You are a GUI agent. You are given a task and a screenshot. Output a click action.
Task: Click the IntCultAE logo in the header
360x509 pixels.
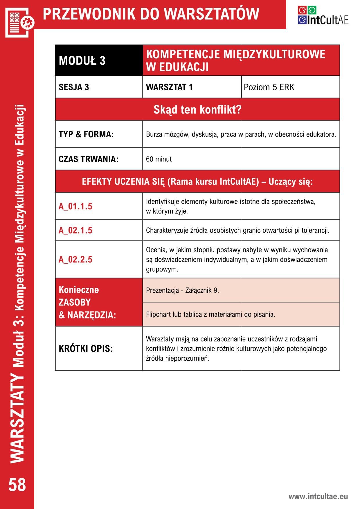(x=323, y=16)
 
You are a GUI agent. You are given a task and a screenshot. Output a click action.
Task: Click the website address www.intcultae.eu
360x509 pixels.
(x=318, y=496)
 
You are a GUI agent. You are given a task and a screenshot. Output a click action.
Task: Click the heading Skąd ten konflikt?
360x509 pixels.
(x=197, y=109)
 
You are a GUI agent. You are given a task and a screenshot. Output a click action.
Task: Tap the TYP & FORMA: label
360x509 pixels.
(x=86, y=134)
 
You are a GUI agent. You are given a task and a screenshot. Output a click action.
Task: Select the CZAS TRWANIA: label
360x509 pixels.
(x=89, y=159)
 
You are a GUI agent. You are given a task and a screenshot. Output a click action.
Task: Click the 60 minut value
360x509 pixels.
(x=159, y=159)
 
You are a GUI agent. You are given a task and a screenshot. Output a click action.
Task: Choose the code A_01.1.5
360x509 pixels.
(x=75, y=206)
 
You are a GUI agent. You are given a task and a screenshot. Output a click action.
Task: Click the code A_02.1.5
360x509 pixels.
(x=75, y=230)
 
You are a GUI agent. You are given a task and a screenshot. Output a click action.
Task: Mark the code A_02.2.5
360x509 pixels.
(x=75, y=259)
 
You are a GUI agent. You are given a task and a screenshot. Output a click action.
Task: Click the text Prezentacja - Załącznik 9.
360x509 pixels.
(x=182, y=290)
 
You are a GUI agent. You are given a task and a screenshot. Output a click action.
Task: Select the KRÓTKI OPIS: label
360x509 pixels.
(x=86, y=348)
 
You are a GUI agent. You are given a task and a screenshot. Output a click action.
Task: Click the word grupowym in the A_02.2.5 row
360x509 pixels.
(x=162, y=269)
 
